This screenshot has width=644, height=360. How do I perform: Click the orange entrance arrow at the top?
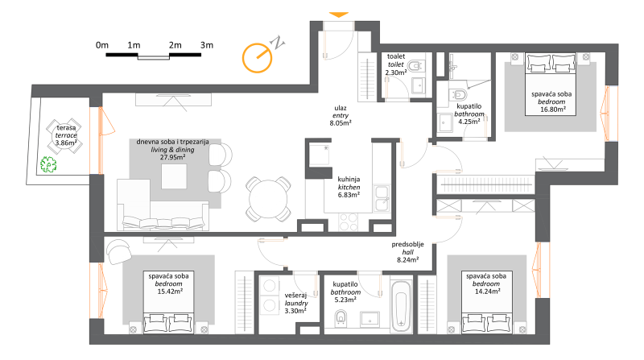[x=339, y=14]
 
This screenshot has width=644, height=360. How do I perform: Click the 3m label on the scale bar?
[x=207, y=45]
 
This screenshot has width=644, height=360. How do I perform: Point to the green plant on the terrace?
[x=48, y=164]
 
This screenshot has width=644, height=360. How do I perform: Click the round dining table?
[x=268, y=199]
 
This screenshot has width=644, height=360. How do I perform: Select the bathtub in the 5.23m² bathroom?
[x=400, y=307]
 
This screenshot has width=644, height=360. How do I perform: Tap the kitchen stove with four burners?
[x=349, y=222]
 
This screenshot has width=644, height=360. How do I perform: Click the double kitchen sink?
[x=382, y=198]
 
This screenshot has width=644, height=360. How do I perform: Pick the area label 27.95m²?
[x=172, y=157]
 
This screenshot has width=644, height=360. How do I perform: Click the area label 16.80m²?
[x=553, y=110]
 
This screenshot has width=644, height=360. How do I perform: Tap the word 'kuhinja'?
[x=349, y=179]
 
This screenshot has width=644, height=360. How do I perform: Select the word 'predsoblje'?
[x=407, y=245]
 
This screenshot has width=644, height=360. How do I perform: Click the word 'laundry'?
[x=296, y=304]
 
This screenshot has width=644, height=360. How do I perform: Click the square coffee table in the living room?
[x=174, y=176]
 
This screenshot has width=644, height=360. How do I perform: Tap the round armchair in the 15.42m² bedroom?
[x=118, y=251]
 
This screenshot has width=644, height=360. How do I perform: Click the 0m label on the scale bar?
[x=102, y=45]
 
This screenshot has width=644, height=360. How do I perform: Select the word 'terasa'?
[x=66, y=128]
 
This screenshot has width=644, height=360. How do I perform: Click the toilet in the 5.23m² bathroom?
[x=341, y=317]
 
